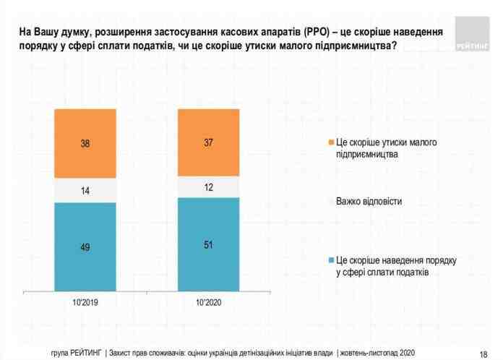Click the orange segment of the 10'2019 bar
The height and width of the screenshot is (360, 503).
click(x=85, y=143)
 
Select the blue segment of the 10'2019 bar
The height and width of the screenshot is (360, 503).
click(x=85, y=247)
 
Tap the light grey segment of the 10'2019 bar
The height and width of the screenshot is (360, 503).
click(x=85, y=190)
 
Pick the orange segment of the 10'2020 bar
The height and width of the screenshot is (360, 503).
click(x=208, y=142)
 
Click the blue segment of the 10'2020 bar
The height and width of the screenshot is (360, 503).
click(x=208, y=244)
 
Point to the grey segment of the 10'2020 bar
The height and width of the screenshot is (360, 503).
click(x=208, y=187)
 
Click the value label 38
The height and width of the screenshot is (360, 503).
click(x=85, y=144)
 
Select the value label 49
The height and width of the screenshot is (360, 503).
click(x=85, y=247)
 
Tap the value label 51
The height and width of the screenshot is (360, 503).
click(x=208, y=244)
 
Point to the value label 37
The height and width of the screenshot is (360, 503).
click(x=208, y=142)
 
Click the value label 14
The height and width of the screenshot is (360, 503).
click(x=85, y=191)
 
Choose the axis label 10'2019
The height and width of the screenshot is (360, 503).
click(x=85, y=301)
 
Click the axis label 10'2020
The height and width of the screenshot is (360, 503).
click(x=208, y=301)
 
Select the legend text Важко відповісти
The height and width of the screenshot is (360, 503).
click(x=368, y=200)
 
